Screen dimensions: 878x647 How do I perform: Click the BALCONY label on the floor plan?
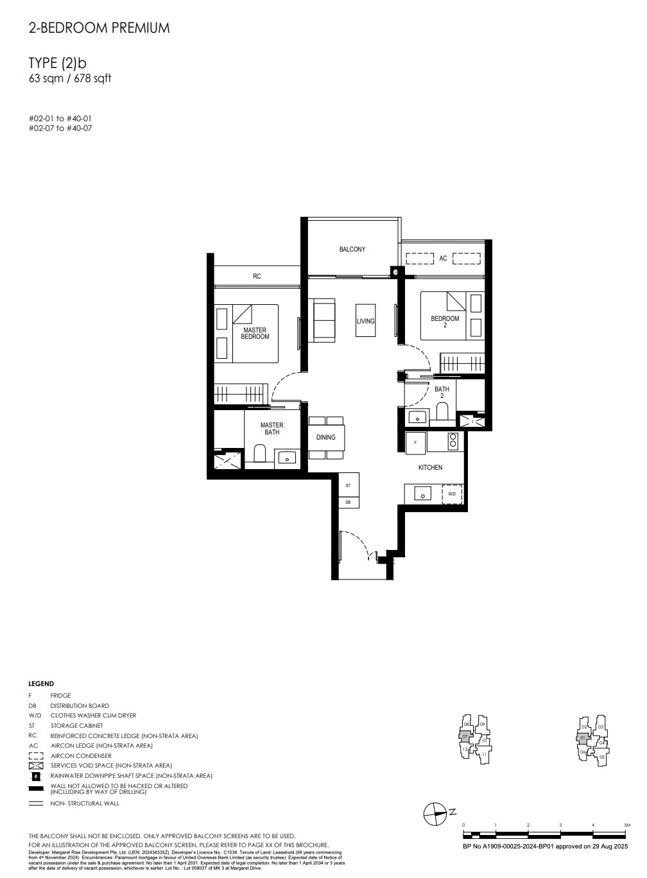coord(352,249)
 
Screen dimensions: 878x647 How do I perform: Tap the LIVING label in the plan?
coord(365,321)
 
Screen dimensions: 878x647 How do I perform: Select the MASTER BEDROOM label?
coord(255,334)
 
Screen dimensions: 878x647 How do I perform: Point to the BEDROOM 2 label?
coord(445,322)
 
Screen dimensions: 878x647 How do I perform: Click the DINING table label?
coord(326,437)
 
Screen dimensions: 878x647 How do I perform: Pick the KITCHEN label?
coord(430,467)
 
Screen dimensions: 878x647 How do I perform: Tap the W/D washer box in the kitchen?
coord(452,494)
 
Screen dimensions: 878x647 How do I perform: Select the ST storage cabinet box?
coord(348,486)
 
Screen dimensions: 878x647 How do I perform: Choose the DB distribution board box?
coord(348,502)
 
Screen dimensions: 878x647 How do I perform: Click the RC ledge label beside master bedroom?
coord(257,277)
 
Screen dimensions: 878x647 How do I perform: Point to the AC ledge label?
coord(443,259)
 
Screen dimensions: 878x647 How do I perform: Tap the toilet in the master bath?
coord(260,454)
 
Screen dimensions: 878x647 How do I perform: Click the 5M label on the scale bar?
coord(626,825)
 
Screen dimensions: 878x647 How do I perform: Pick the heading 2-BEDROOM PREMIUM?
coord(99,28)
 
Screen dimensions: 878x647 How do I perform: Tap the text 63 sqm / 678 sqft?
coord(70,79)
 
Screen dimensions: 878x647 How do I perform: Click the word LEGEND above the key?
coord(41,684)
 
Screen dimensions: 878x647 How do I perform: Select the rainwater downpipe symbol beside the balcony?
coord(395,272)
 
